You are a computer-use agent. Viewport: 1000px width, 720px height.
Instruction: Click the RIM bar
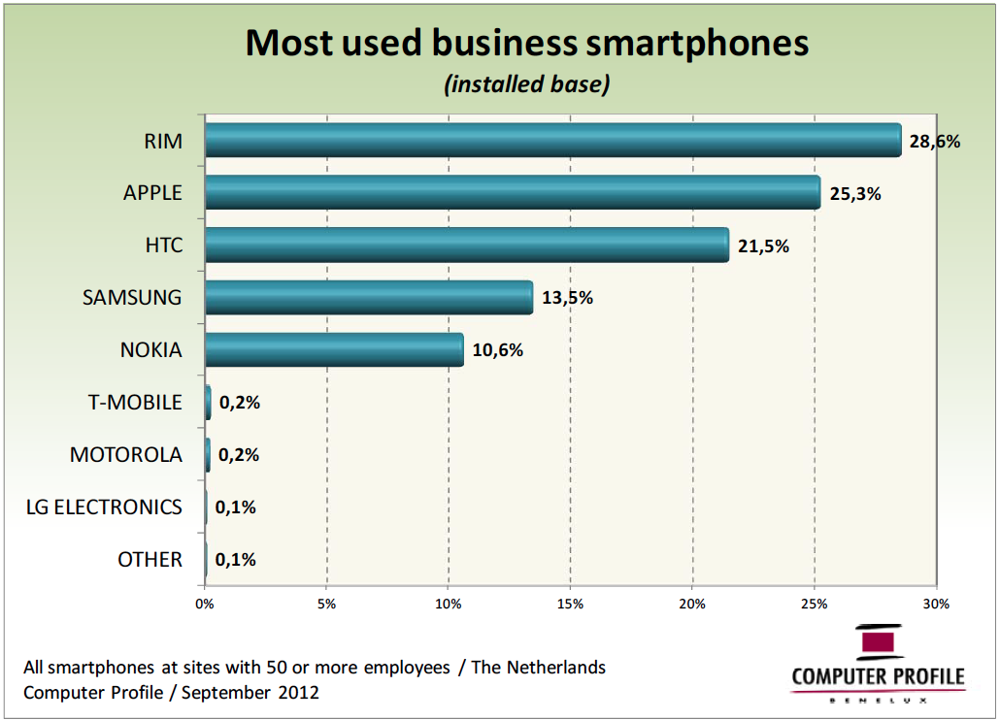click(x=553, y=141)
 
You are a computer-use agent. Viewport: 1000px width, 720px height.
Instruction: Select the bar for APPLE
click(x=513, y=193)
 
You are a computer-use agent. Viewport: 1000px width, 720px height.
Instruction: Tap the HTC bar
click(x=467, y=245)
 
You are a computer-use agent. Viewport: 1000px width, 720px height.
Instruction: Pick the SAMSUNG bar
click(x=369, y=298)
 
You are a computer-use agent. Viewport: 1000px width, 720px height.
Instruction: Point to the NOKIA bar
click(x=334, y=350)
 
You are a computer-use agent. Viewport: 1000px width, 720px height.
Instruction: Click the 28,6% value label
click(x=935, y=142)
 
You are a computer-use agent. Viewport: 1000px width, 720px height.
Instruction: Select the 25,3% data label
click(x=855, y=194)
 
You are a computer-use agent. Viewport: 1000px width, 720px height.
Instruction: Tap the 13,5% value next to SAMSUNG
click(x=567, y=299)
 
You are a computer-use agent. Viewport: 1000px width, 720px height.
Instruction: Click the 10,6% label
click(x=498, y=351)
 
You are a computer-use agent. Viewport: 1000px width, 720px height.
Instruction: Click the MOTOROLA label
click(x=126, y=455)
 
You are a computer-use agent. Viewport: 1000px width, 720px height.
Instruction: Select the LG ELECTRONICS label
click(x=104, y=507)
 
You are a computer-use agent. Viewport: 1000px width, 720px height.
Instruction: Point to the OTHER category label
click(x=150, y=560)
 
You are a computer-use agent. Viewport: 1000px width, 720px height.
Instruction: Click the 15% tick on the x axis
click(x=571, y=605)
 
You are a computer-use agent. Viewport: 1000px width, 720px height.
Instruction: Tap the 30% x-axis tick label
click(x=936, y=605)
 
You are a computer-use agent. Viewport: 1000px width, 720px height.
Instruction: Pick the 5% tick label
click(x=327, y=605)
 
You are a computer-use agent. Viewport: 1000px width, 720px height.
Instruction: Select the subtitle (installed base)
click(x=527, y=85)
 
